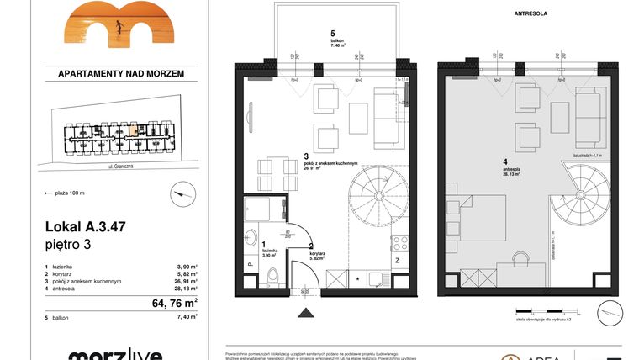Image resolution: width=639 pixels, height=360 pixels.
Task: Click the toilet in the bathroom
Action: [x=267, y=277]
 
